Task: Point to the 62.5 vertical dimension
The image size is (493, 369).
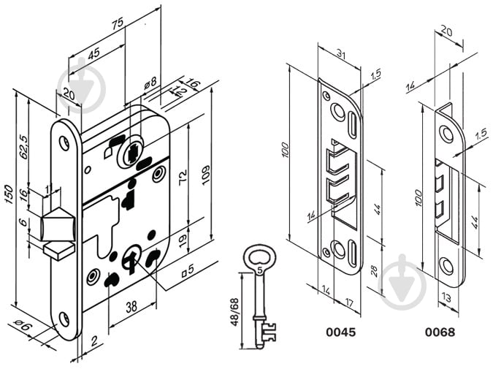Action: [x=23, y=146]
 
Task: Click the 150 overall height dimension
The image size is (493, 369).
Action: [x=8, y=197]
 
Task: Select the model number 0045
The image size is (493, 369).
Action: [x=340, y=332]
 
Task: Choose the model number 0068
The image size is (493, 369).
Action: [x=440, y=332]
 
